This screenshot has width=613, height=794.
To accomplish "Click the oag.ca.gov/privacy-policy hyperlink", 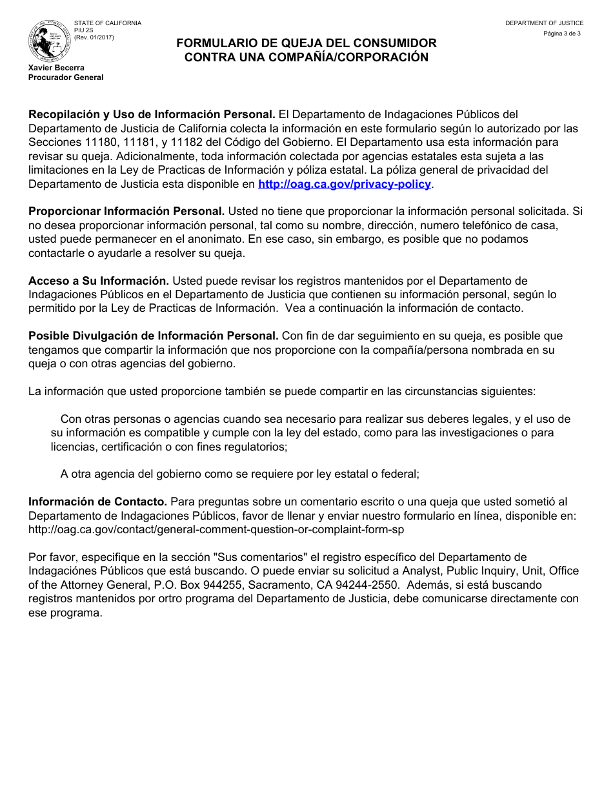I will coord(345,184).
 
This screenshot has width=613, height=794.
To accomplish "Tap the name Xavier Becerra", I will coord(56,68).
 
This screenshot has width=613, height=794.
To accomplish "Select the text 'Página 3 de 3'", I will coord(562,33).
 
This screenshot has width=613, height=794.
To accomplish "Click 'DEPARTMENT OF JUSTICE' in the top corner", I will coord(544,23).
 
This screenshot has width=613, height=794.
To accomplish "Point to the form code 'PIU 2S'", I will coord(83,30).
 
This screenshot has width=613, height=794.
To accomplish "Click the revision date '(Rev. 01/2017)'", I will coord(94,37).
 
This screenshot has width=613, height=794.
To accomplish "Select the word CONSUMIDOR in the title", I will coord(392,43).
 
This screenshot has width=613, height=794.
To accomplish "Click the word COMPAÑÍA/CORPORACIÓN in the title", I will coord(352,57).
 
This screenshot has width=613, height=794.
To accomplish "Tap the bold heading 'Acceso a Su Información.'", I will coord(99,281).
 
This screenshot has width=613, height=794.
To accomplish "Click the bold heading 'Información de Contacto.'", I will coord(98,502).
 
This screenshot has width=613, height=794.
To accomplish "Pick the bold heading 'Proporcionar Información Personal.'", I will coord(126,212).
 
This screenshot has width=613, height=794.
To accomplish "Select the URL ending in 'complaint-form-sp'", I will coord(216,529).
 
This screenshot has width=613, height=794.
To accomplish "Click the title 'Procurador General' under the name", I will coord(66,77).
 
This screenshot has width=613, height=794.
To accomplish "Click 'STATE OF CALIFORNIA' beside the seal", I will coord(107,23).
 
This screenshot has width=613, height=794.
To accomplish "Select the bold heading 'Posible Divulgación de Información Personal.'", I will coord(154,336).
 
